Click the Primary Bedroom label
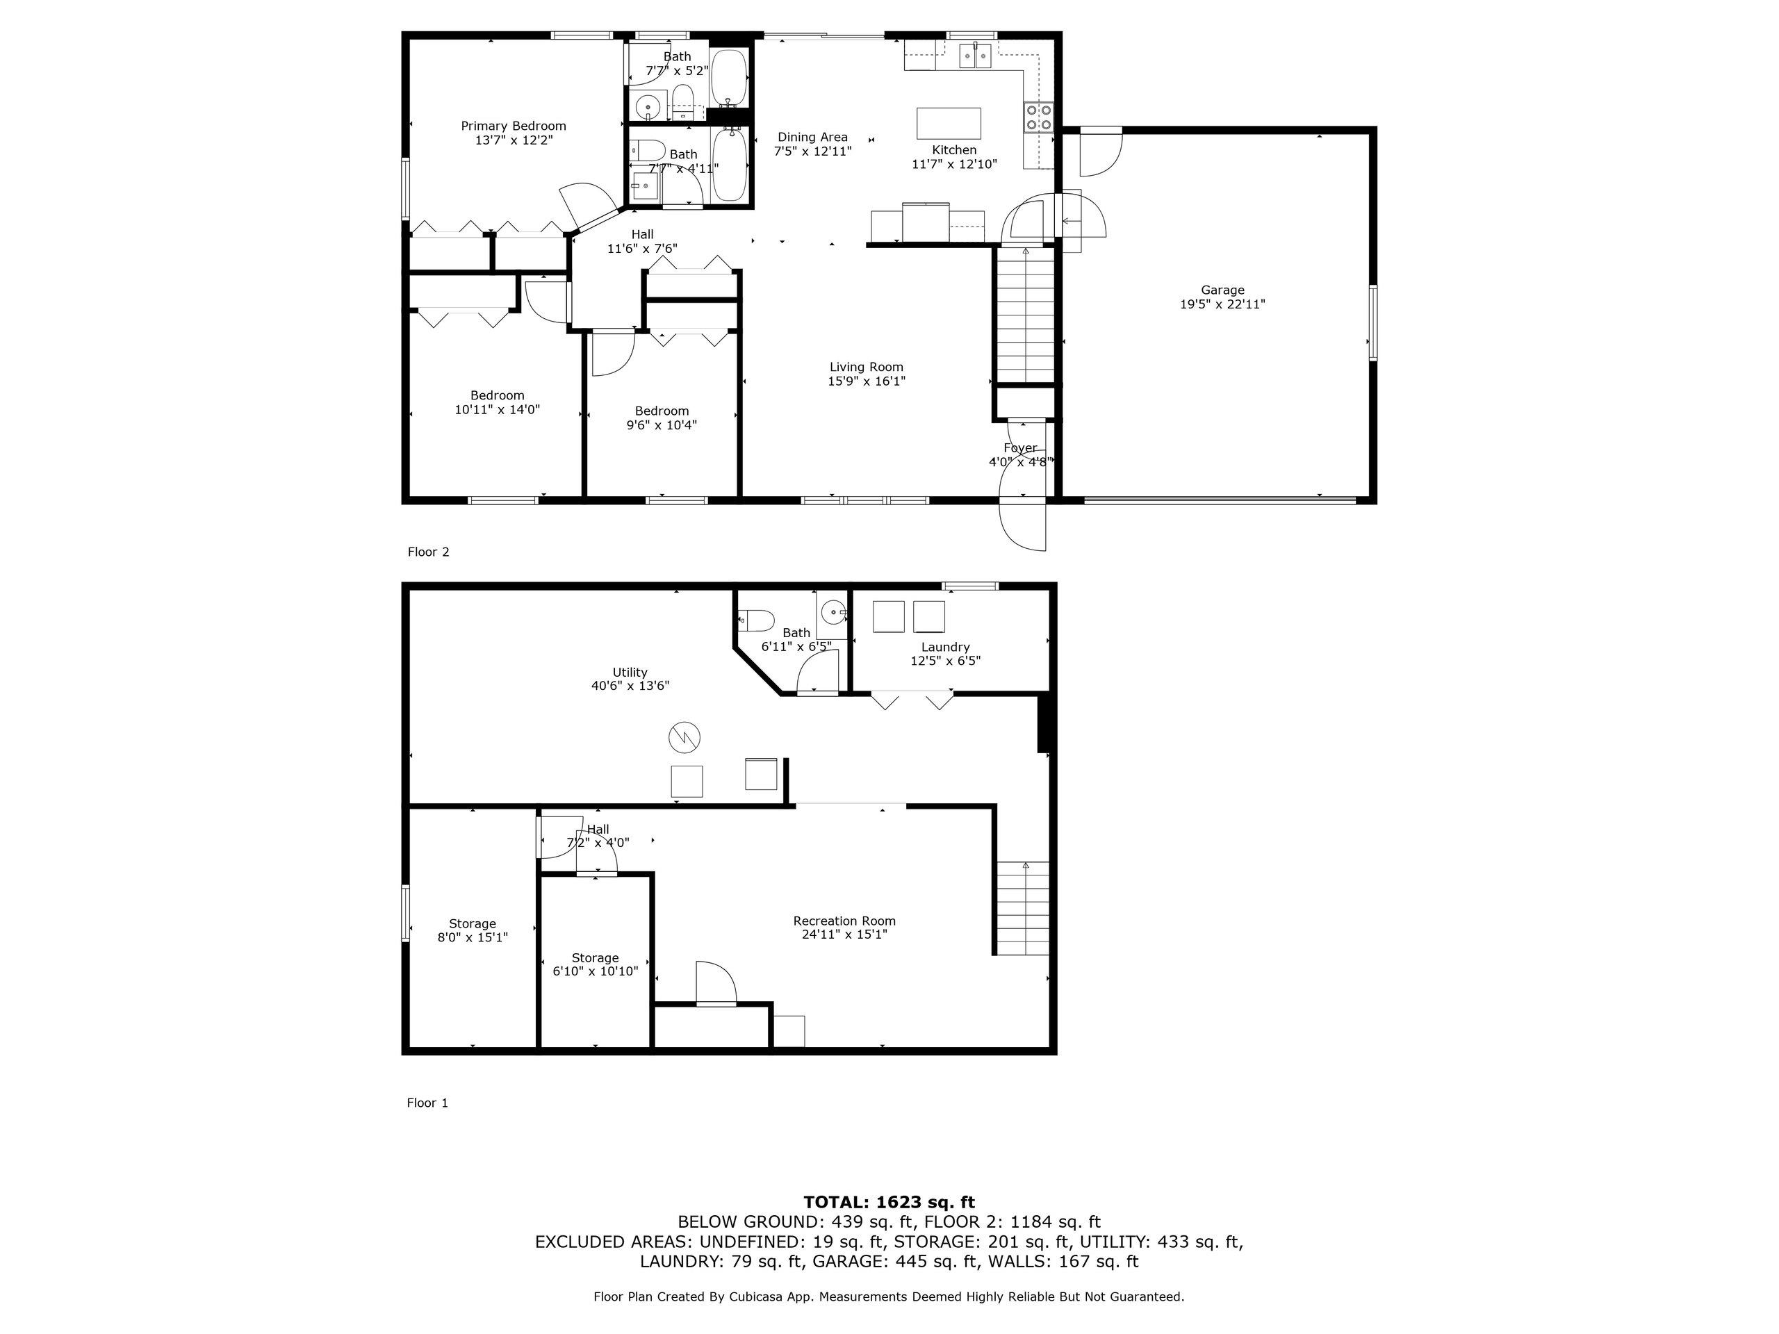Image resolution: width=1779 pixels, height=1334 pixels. [513, 126]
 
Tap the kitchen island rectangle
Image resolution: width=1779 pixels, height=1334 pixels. [949, 124]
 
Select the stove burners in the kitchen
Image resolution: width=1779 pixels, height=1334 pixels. [1038, 117]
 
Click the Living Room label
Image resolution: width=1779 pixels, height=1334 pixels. [866, 368]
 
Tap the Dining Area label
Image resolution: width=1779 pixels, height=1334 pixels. [812, 138]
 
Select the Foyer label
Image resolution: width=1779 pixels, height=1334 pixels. [1019, 448]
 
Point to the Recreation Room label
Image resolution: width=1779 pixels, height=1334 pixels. [844, 921]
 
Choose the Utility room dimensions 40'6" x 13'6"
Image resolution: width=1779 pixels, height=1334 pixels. [630, 686]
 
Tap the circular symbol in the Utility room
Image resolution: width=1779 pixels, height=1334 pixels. [684, 737]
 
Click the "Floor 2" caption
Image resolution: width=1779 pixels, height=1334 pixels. [429, 552]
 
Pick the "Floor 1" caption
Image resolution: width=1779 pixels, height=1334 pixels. [428, 1103]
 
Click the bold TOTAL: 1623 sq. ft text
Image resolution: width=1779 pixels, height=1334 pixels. [889, 1202]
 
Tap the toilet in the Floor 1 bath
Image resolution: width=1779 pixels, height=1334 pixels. [756, 620]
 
